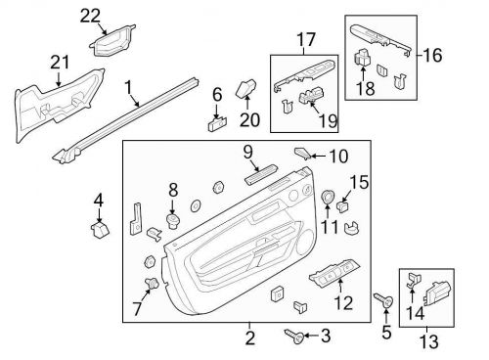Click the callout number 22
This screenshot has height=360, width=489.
click(x=90, y=14)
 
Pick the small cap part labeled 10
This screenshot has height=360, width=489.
click(x=303, y=153)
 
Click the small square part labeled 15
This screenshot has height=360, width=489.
click(x=344, y=206)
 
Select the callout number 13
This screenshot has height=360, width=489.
click(x=427, y=341)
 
